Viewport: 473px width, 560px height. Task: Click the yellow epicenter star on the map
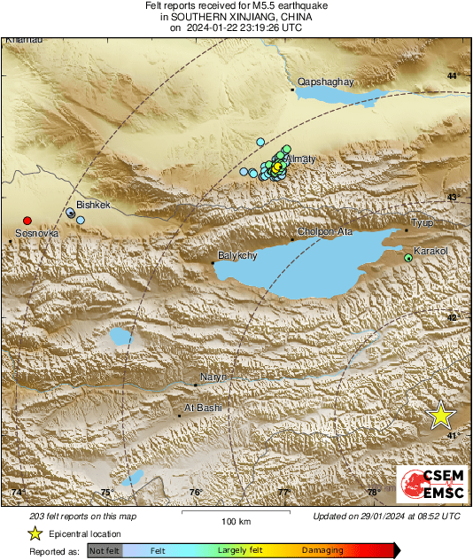pos(440,416)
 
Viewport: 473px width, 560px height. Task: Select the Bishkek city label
pos(93,205)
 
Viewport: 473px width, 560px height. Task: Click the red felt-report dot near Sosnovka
pos(27,220)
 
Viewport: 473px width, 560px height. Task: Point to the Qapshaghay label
pos(325,82)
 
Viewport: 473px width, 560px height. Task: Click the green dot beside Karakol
pos(408,258)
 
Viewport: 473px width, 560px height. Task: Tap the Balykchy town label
pos(237,256)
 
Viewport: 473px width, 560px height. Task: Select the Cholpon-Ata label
pos(325,232)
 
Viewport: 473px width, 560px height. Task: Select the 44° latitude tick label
pos(452,76)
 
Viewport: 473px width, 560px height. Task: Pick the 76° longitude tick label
pos(196,492)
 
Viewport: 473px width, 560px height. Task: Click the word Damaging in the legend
pos(323,550)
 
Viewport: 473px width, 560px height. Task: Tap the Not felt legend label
pos(105,550)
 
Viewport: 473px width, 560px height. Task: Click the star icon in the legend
pos(35,533)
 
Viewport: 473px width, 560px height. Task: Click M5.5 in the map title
pos(245,6)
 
